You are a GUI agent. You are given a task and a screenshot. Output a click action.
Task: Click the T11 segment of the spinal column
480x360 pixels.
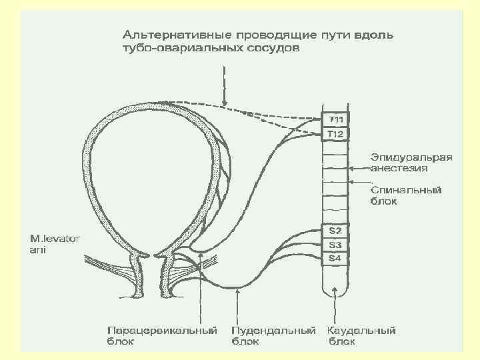pos(335,120)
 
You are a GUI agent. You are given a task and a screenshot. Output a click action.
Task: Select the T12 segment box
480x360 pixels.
pos(335,134)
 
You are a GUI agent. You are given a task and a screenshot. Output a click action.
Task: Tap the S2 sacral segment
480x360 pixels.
pos(335,231)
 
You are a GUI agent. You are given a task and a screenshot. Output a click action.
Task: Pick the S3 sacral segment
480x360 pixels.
pos(335,244)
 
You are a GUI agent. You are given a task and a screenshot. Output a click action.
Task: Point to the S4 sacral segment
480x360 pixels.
pos(335,258)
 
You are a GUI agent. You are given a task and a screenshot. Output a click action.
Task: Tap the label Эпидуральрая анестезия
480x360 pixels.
pos(411,163)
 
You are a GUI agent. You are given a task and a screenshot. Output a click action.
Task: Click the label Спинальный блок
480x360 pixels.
pos(406,195)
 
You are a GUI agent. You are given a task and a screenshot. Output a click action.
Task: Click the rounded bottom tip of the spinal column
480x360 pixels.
pos(335,293)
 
